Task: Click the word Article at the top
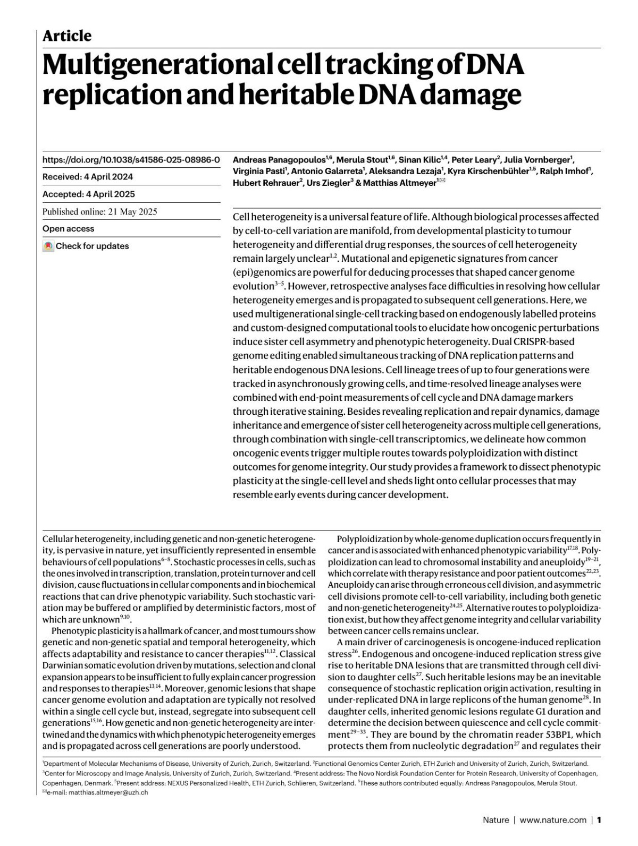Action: click(x=67, y=36)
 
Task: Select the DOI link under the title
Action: click(x=131, y=159)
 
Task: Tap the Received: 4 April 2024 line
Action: click(x=88, y=177)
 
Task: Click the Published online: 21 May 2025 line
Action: click(x=100, y=211)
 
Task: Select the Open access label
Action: click(x=68, y=229)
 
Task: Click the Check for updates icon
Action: click(x=48, y=246)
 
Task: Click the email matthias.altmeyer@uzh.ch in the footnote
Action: click(x=98, y=792)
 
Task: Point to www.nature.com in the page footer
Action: click(x=553, y=820)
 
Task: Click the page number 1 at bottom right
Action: click(x=599, y=820)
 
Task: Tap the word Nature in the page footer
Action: click(x=496, y=820)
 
